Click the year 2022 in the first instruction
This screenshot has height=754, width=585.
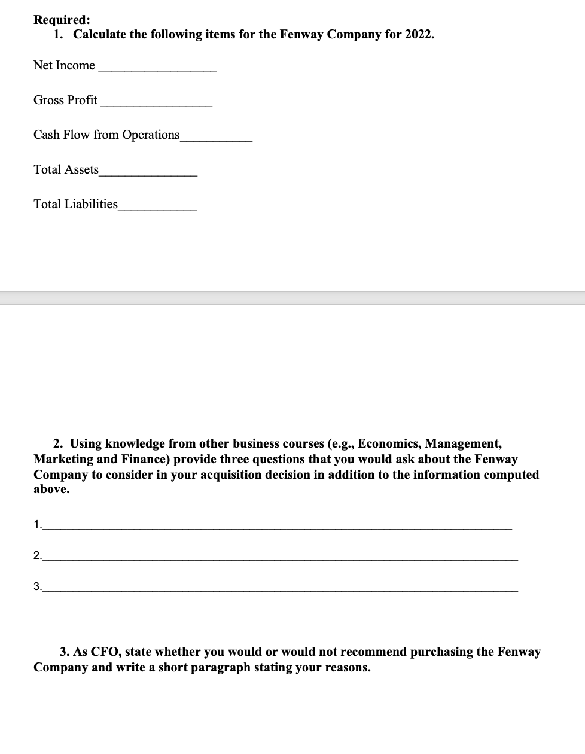418,34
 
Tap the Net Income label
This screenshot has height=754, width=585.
64,65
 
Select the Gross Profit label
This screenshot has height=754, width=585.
65,100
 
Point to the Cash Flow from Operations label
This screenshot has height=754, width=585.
106,135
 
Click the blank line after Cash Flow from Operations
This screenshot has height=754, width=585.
216,139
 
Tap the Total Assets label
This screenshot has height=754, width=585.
66,169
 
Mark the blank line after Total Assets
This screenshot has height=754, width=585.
148,174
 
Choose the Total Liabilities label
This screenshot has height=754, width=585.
75,204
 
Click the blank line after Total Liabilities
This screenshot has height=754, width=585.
157,208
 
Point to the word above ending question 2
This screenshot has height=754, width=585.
51,489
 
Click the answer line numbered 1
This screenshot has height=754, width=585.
278,528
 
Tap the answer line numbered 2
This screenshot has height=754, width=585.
281,559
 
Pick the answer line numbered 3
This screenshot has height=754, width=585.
281,590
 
